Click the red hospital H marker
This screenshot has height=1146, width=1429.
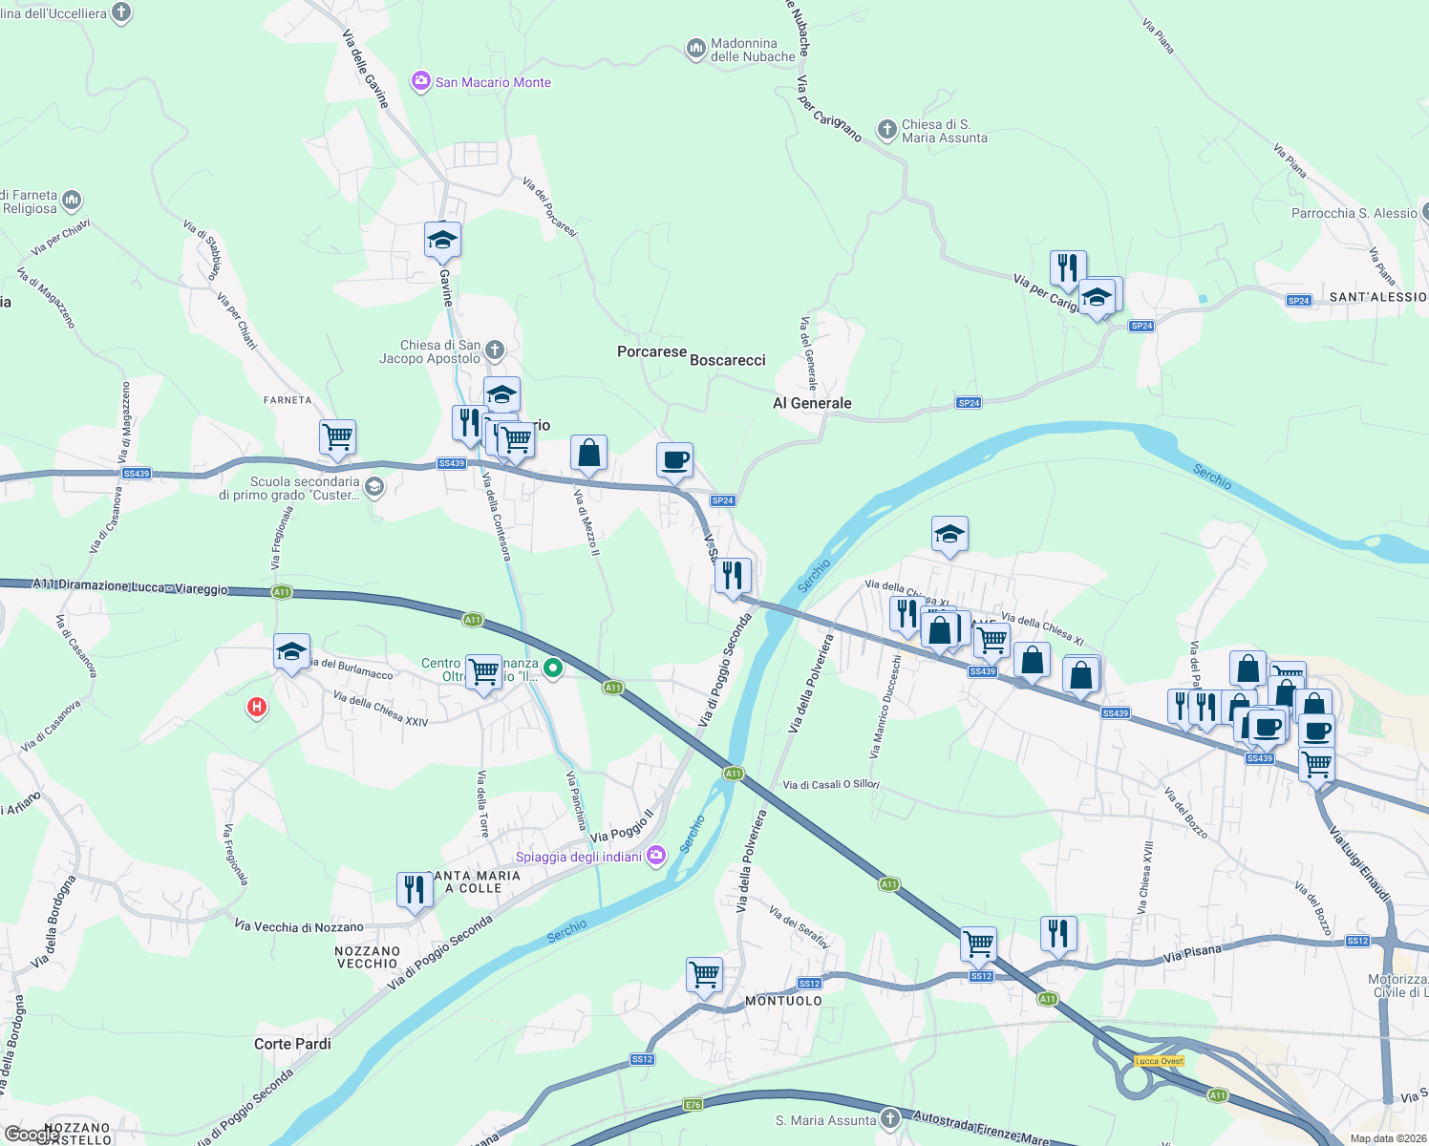pyautogui.click(x=256, y=707)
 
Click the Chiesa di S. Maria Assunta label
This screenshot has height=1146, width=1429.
pyautogui.click(x=944, y=131)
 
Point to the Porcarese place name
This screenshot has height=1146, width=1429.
pyautogui.click(x=651, y=351)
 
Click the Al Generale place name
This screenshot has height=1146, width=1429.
pyautogui.click(x=812, y=403)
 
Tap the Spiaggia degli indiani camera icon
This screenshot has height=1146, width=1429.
pyautogui.click(x=656, y=855)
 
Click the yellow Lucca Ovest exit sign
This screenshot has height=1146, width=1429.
pyautogui.click(x=1160, y=1061)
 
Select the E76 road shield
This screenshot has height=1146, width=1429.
pyautogui.click(x=693, y=1105)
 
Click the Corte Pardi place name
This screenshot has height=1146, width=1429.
pyautogui.click(x=292, y=1044)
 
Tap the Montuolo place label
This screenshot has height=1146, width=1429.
pyautogui.click(x=783, y=1001)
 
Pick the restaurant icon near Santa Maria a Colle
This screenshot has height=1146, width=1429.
pyautogui.click(x=414, y=890)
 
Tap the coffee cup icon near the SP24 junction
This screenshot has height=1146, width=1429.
pyautogui.click(x=674, y=460)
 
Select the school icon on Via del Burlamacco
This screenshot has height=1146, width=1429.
pyautogui.click(x=291, y=652)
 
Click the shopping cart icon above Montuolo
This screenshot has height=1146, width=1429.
pyautogui.click(x=704, y=975)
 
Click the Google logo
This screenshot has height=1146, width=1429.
pyautogui.click(x=31, y=1135)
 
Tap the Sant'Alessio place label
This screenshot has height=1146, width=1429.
pyautogui.click(x=1377, y=297)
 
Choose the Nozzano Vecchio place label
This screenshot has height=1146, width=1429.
pyautogui.click(x=368, y=957)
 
